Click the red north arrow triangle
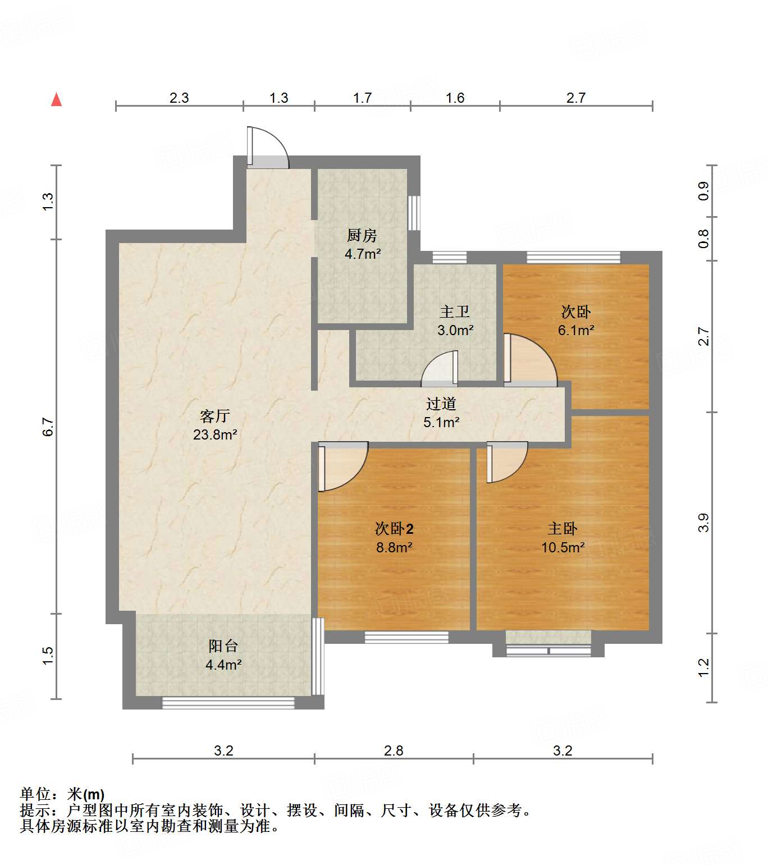(x=56, y=100)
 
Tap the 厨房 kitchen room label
(x=362, y=235)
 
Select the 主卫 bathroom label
(x=454, y=312)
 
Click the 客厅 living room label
(x=214, y=416)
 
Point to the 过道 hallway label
(x=441, y=404)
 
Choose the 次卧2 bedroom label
(x=394, y=529)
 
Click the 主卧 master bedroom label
(x=563, y=529)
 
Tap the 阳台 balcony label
(x=223, y=646)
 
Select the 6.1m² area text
(x=576, y=331)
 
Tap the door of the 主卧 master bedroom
(x=506, y=461)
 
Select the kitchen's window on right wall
(x=414, y=213)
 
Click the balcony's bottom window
(x=228, y=703)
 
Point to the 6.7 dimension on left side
(x=48, y=427)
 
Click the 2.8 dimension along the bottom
(x=394, y=750)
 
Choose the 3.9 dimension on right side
(x=703, y=523)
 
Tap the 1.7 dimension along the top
(x=362, y=98)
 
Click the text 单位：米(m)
(x=62, y=794)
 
